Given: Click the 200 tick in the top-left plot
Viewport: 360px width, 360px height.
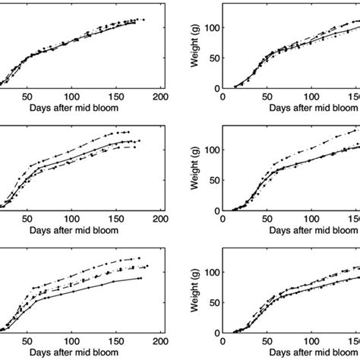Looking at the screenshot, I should (160, 97).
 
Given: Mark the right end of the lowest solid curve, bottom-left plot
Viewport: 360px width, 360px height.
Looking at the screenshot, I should (142, 278).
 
